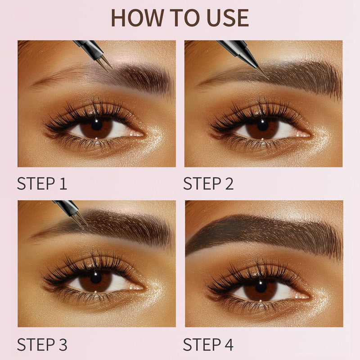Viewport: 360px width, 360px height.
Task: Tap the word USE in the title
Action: click(x=228, y=18)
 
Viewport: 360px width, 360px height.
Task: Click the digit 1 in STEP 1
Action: click(x=63, y=184)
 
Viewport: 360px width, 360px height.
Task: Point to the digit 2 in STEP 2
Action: click(x=229, y=184)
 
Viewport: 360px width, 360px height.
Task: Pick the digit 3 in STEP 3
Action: click(x=63, y=345)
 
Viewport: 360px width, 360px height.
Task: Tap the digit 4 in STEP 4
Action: click(x=229, y=345)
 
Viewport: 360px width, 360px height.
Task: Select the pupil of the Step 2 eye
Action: click(x=263, y=125)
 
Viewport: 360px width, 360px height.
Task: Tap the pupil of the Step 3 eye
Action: click(x=96, y=277)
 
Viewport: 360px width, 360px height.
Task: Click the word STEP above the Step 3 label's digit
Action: click(x=36, y=345)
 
